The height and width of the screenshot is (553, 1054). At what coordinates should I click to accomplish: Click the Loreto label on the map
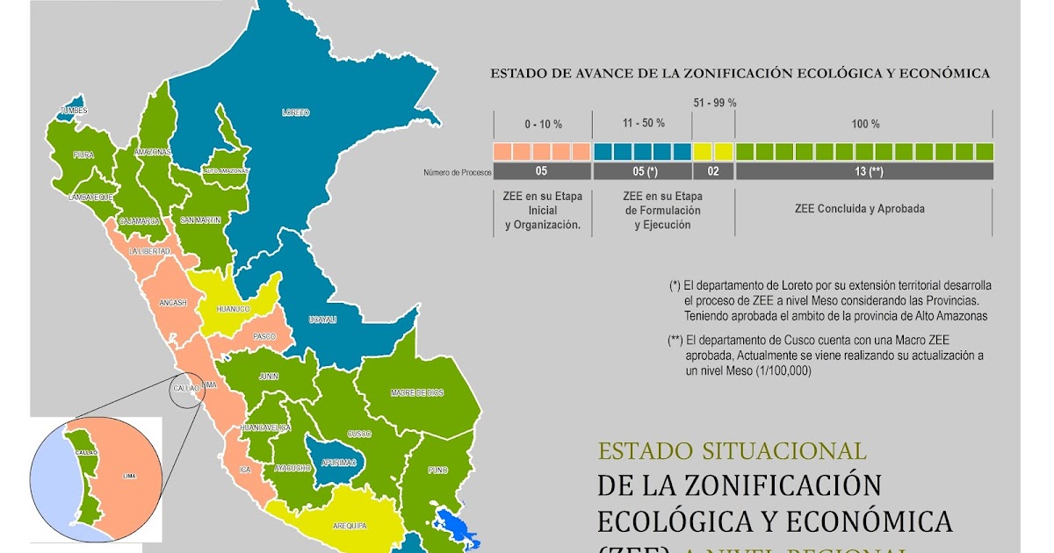295,112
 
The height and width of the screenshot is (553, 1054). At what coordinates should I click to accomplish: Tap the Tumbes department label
74,111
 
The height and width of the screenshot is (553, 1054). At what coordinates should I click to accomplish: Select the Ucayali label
322,320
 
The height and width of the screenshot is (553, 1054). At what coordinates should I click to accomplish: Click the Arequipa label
350,526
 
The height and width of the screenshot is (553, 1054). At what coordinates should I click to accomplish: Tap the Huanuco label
234,309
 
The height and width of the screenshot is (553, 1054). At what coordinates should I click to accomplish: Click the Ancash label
173,303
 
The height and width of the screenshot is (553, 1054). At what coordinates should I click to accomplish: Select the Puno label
438,470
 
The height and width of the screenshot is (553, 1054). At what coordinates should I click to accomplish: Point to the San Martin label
200,219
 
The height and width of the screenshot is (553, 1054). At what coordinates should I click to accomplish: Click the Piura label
83,154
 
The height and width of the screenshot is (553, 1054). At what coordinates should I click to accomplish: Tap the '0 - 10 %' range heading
542,124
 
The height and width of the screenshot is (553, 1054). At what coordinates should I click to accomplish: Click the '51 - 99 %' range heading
714,103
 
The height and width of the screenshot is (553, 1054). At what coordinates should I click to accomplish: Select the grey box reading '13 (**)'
864,171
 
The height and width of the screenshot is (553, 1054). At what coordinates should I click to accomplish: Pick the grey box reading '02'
712,171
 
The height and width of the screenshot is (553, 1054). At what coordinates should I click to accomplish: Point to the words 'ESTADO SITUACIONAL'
732,451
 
